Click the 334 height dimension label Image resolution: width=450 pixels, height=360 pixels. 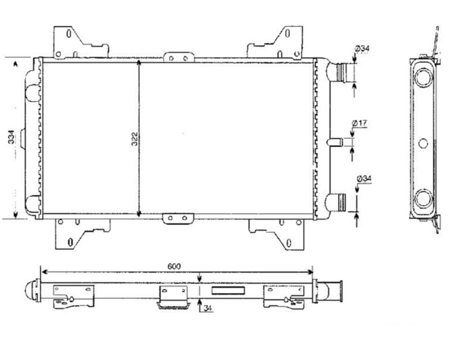[x=11, y=137]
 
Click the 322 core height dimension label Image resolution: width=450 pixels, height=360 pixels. [x=134, y=139]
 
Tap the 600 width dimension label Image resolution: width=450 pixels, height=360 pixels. [x=174, y=266]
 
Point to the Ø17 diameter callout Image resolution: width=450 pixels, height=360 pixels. [x=359, y=124]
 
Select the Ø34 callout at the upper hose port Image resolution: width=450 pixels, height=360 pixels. [x=362, y=49]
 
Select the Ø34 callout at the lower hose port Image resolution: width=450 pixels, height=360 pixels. [x=364, y=179]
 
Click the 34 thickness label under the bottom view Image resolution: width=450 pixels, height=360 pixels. [x=208, y=308]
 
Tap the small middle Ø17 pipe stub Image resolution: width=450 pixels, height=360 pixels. [x=335, y=142]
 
